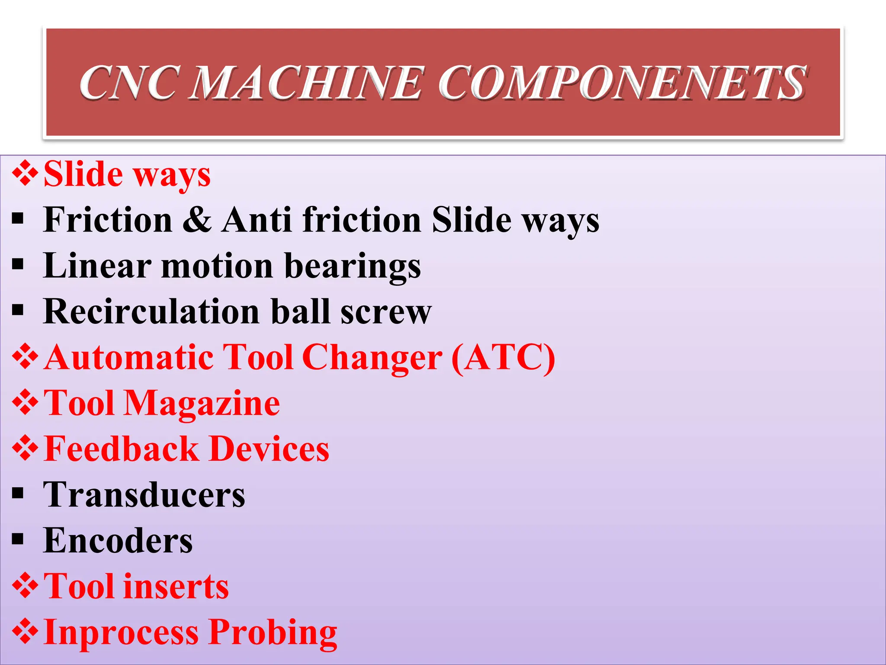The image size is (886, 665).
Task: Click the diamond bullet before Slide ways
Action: click(25, 174)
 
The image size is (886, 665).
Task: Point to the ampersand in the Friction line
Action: click(197, 220)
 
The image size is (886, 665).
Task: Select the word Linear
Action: click(98, 265)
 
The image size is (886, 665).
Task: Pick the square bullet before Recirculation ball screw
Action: click(18, 310)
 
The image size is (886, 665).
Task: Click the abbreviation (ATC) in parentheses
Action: click(503, 358)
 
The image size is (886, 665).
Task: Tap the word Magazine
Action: click(202, 404)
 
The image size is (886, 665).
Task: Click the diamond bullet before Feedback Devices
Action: click(25, 449)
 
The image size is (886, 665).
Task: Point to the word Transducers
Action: click(144, 495)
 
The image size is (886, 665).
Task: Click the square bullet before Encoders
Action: click(18, 539)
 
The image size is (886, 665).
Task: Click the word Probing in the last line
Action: click(273, 633)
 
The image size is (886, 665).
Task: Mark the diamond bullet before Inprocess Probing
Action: click(25, 632)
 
